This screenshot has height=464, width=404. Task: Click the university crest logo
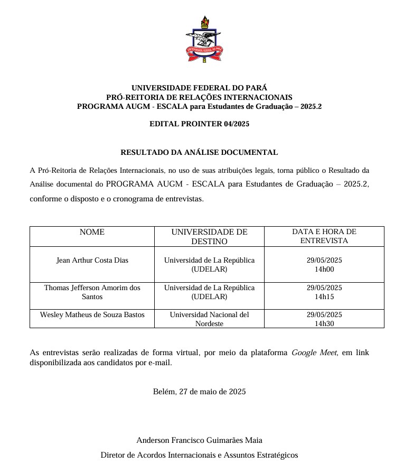click(204, 39)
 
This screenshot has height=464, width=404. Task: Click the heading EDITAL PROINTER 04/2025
click(199, 124)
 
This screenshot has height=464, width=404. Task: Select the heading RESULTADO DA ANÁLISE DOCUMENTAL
click(199, 153)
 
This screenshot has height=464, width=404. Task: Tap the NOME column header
click(92, 232)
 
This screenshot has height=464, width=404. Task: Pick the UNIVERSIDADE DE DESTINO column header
click(209, 237)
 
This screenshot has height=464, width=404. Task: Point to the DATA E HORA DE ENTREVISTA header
click(324, 236)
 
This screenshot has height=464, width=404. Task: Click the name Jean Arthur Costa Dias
click(92, 261)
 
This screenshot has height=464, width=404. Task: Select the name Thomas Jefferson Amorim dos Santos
click(92, 292)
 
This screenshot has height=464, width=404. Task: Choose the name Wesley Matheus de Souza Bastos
click(92, 315)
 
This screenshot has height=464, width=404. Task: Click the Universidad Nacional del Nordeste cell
click(209, 319)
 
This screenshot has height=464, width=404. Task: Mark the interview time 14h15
click(324, 297)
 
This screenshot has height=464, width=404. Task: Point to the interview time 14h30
click(324, 323)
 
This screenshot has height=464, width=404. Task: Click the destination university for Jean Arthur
click(209, 265)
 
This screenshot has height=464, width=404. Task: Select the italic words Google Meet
click(314, 352)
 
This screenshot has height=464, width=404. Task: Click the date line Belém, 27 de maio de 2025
click(199, 392)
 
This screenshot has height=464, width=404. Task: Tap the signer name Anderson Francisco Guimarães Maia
click(199, 440)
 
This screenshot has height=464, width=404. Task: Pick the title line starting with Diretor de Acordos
click(199, 455)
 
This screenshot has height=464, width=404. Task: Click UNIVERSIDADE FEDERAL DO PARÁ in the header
click(199, 88)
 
